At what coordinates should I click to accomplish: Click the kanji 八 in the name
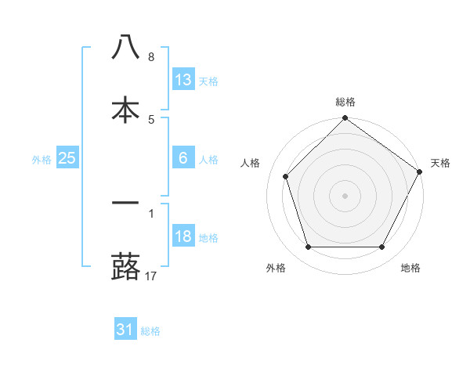coord(125,47)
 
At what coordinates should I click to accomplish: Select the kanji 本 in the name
coord(125,110)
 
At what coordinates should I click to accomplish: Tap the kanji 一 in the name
coord(125,202)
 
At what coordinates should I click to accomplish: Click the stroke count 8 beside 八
coord(151,57)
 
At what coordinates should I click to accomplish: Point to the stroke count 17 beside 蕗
coord(152,276)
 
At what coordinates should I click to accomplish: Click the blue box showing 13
coord(183,79)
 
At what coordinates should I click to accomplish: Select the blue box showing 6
coord(183,157)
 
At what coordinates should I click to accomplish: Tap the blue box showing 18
coord(183,236)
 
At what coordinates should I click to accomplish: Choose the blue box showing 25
coord(67,158)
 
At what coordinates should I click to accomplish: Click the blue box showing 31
coord(125,330)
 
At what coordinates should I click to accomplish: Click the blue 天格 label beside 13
coord(208,81)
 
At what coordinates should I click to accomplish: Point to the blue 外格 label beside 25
coord(42,159)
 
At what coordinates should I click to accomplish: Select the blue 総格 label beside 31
coord(150,331)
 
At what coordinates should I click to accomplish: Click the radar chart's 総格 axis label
coord(345,102)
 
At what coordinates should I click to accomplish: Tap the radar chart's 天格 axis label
coord(440,163)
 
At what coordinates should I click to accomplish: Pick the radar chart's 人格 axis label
coord(251,163)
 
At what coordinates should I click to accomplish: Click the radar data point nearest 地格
coord(382,247)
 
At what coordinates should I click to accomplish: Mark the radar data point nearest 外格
coord(308,247)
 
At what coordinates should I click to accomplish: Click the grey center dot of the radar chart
coord(345,195)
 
